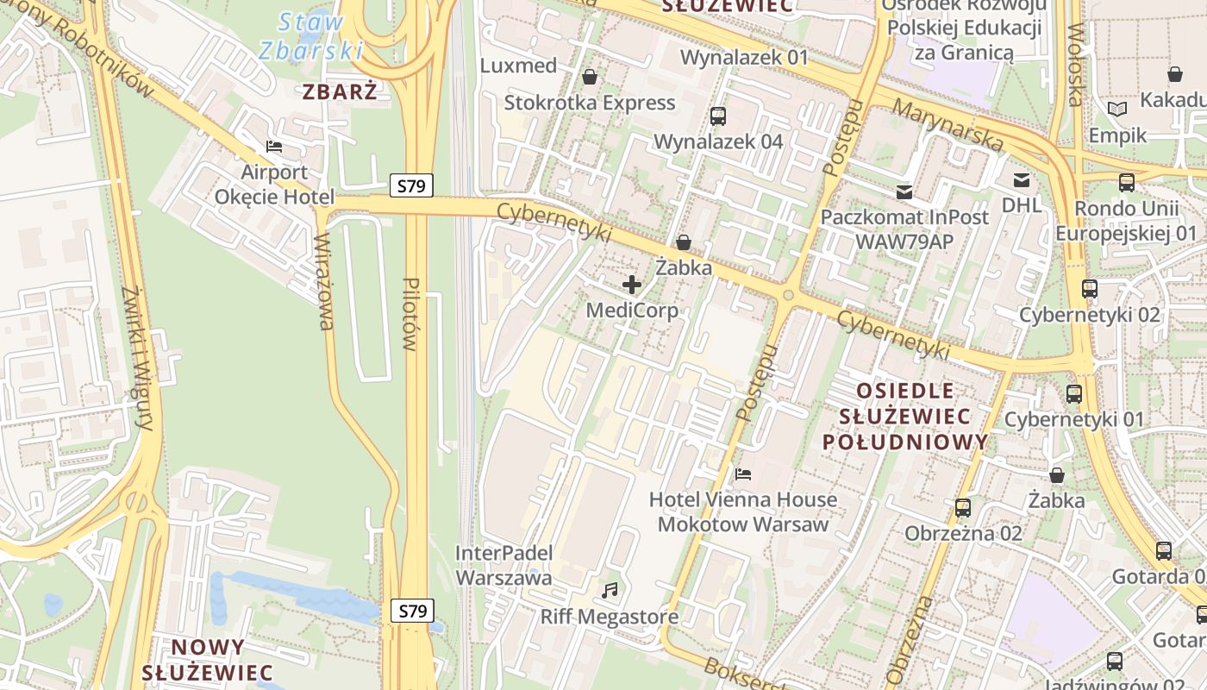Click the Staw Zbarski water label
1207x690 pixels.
click(310, 36)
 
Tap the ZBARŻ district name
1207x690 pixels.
click(340, 91)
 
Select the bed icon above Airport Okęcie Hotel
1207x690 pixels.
click(274, 146)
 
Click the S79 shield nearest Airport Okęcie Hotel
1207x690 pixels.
click(411, 185)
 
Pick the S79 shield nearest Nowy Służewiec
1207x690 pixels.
click(411, 611)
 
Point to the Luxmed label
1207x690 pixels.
click(518, 66)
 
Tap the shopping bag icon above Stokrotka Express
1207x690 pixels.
click(590, 77)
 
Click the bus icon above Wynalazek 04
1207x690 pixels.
click(717, 116)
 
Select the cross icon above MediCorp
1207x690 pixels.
click(632, 284)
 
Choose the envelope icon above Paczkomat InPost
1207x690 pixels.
click(904, 191)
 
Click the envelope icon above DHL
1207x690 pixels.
click(1022, 179)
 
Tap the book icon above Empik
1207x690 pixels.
click(1117, 110)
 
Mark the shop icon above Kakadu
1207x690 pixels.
click(1174, 74)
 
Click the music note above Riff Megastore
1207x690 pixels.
click(610, 591)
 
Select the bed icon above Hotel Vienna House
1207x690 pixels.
click(742, 474)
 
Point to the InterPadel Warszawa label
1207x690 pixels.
click(503, 565)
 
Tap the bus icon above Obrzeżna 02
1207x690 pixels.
click(963, 507)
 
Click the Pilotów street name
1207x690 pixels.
click(410, 314)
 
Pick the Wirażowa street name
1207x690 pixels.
click(324, 281)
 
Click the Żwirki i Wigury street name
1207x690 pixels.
click(138, 358)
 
